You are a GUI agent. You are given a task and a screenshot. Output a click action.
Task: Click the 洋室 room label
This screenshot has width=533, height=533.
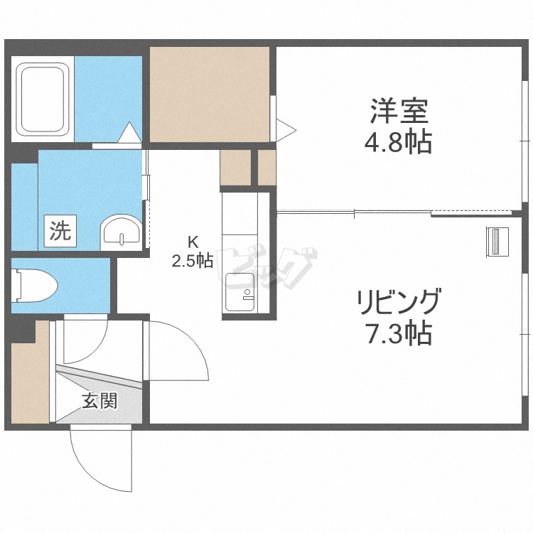click(399, 111)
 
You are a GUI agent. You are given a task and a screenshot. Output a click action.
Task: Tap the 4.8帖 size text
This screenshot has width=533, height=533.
click(399, 141)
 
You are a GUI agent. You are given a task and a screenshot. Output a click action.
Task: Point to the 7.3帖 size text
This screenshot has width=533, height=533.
click(399, 333)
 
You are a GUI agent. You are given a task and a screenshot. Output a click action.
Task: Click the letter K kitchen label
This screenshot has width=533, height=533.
click(193, 242)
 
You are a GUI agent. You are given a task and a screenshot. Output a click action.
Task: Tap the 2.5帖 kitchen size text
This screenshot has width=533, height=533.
click(193, 261)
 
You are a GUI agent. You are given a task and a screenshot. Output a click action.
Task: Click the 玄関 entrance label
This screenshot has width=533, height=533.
click(99, 401)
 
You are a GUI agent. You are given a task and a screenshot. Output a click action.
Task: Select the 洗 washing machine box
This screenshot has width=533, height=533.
click(60, 231)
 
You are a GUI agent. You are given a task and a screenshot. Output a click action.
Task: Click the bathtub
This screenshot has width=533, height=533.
click(43, 99)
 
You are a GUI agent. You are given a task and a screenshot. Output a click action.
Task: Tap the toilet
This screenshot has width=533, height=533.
click(34, 286)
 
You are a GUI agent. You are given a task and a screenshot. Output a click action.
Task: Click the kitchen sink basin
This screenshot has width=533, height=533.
click(240, 292)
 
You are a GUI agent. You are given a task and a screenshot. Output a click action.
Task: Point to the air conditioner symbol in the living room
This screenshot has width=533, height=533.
click(497, 242)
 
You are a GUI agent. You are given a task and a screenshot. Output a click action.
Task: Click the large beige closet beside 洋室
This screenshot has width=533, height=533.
click(210, 95)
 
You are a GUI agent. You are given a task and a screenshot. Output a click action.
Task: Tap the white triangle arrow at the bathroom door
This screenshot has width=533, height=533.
click(129, 132)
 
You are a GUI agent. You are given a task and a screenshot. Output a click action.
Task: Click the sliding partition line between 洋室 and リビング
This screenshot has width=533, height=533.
click(394, 213)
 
